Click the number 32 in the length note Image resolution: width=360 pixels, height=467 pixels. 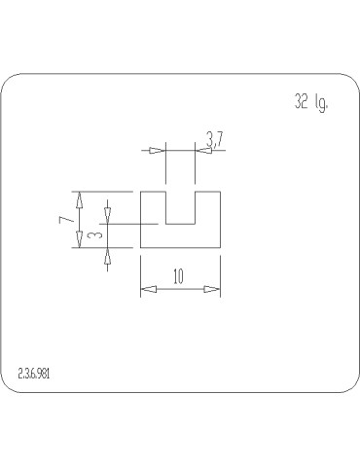click(x=302, y=101)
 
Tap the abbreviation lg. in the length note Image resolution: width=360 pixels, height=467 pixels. click(x=321, y=103)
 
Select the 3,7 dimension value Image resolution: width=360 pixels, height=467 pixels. click(x=215, y=139)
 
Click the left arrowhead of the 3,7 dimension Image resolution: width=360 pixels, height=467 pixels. click(x=158, y=151)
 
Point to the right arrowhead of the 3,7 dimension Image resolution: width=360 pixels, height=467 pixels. click(x=203, y=151)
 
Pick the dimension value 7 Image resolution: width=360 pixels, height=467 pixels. click(x=66, y=219)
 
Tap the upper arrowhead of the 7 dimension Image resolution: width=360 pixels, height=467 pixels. click(x=79, y=199)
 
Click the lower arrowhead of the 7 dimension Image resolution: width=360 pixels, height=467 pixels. click(x=79, y=239)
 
